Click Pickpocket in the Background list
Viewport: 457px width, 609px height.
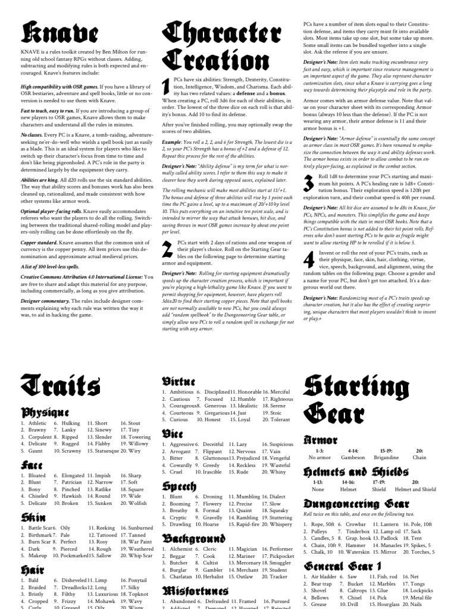click(x=281, y=557)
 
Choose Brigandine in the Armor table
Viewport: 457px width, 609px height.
click(x=386, y=457)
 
